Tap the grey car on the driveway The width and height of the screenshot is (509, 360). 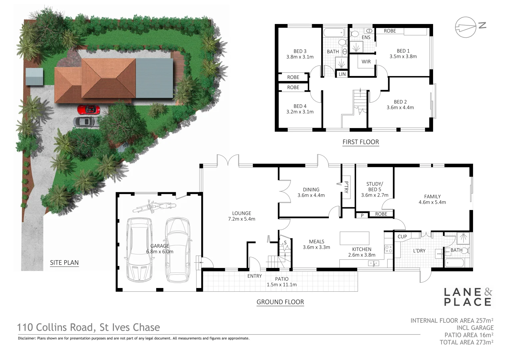pyautogui.click(x=86, y=122)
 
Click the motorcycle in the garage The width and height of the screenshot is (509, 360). pyautogui.click(x=154, y=207)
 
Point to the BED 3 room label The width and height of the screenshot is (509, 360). pyautogui.click(x=300, y=54)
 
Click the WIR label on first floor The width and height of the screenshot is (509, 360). pyautogui.click(x=366, y=62)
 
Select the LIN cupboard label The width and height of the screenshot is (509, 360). pyautogui.click(x=342, y=74)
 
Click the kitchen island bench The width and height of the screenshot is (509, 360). pyautogui.click(x=354, y=238)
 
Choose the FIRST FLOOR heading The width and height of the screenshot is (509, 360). pyautogui.click(x=361, y=142)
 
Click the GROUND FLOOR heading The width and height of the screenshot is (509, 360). pyautogui.click(x=280, y=302)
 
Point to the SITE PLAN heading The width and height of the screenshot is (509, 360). pyautogui.click(x=64, y=262)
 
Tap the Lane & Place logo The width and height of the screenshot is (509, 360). pyautogui.click(x=468, y=297)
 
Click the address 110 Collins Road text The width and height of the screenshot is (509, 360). pyautogui.click(x=89, y=327)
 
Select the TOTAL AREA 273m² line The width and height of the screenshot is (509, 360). pyautogui.click(x=466, y=342)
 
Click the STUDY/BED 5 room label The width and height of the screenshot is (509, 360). pyautogui.click(x=375, y=189)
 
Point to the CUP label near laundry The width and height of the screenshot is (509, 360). pyautogui.click(x=402, y=236)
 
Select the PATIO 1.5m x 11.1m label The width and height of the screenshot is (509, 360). pyautogui.click(x=281, y=282)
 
